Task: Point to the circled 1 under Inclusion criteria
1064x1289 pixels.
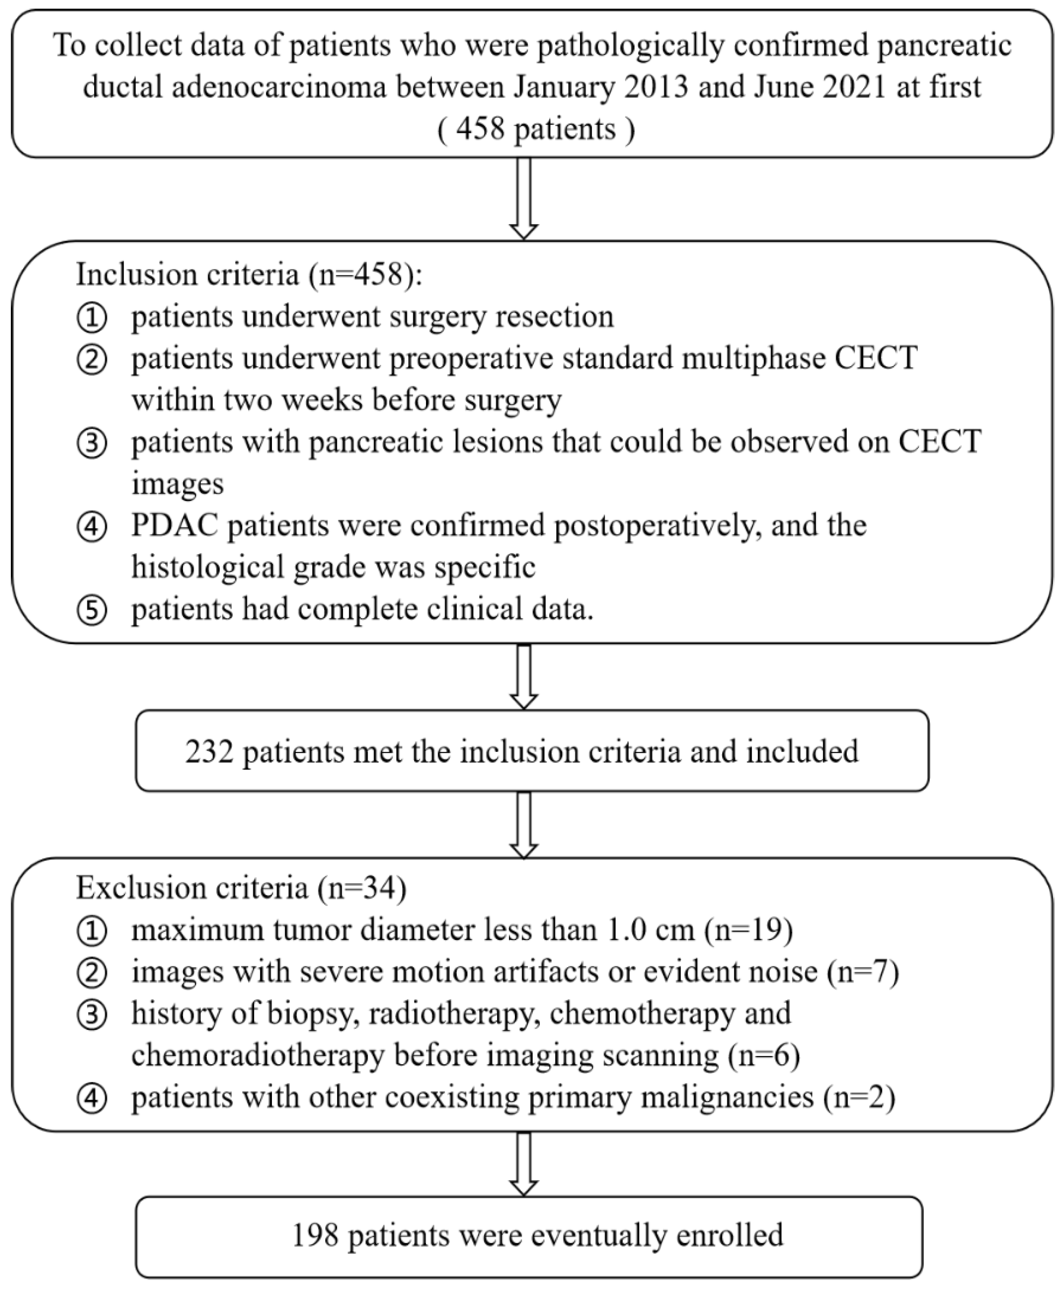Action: [92, 318]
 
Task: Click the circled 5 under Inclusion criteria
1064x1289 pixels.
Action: [92, 610]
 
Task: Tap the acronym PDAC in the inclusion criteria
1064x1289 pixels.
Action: [175, 525]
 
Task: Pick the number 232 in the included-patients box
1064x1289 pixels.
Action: [209, 751]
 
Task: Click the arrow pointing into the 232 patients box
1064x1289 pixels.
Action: [524, 677]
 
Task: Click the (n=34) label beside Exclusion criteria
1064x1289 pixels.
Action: [362, 888]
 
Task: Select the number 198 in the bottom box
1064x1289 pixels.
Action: [315, 1235]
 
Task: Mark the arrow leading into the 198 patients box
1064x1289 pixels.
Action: [524, 1163]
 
